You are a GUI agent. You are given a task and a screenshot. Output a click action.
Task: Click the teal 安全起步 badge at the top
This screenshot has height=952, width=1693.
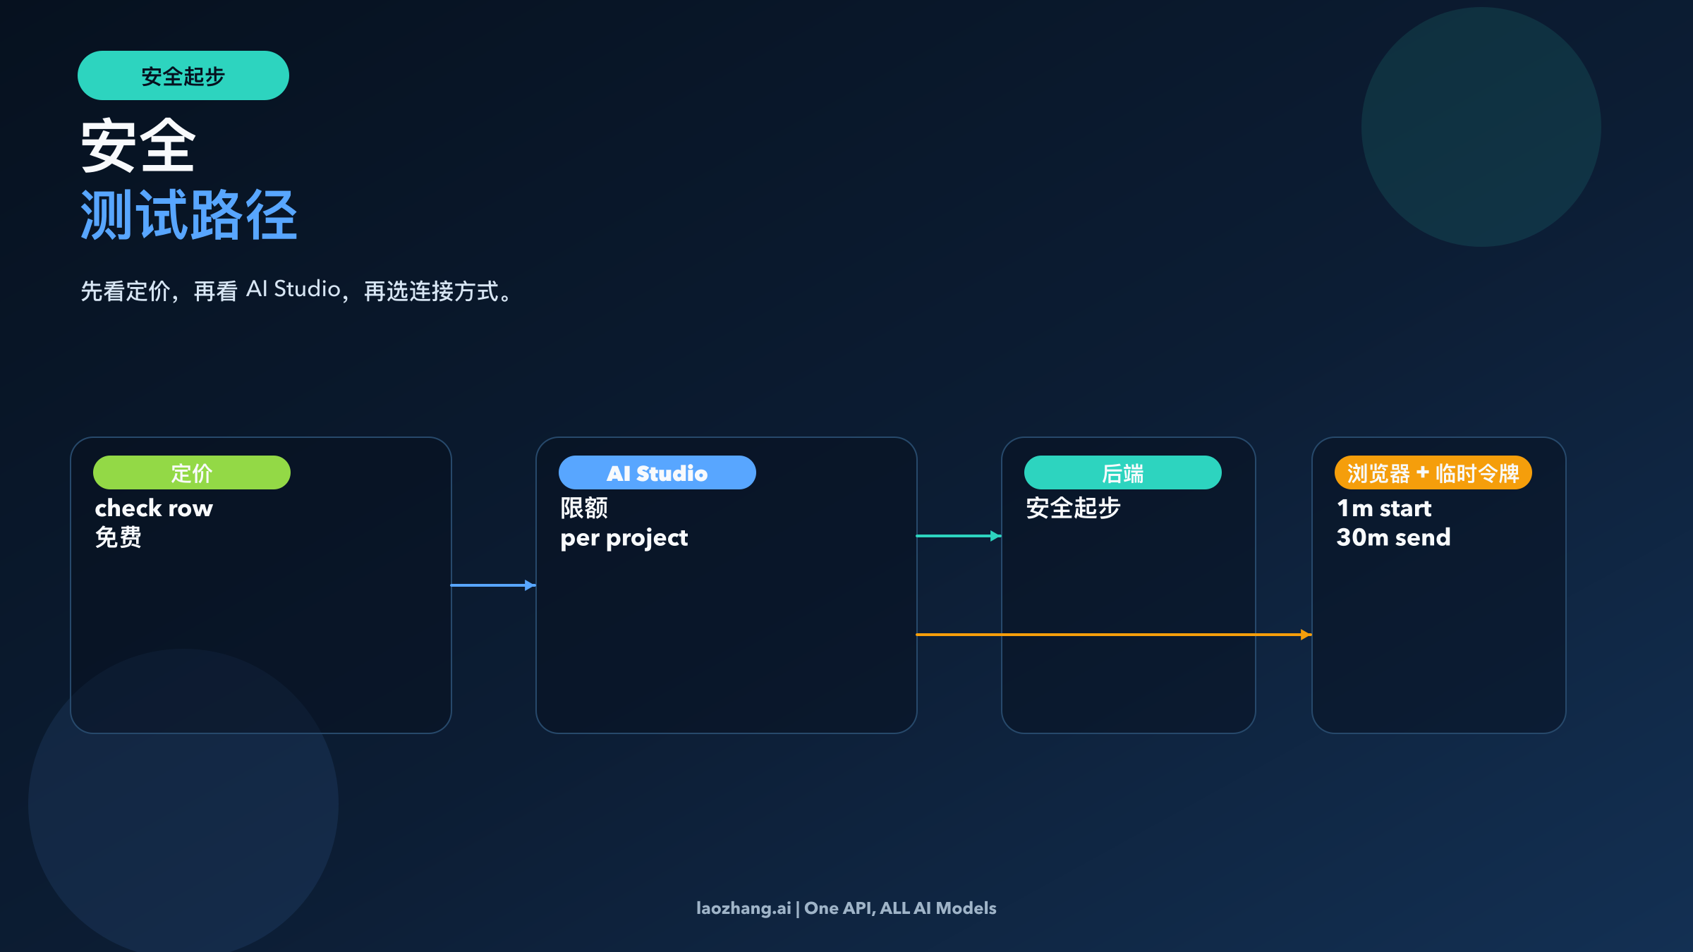coord(183,75)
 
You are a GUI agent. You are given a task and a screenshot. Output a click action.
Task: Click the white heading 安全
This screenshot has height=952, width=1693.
coord(138,146)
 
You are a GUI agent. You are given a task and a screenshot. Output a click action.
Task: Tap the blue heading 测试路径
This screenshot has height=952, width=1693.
coord(188,215)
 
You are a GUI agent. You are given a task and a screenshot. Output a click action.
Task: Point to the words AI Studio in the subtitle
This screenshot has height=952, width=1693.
coord(293,289)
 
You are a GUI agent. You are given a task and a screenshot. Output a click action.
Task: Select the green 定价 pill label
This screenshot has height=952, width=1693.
coord(191,472)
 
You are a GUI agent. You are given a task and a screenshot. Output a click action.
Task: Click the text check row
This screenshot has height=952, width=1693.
coord(154,508)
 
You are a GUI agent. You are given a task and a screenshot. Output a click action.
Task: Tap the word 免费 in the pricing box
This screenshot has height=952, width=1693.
coord(119,537)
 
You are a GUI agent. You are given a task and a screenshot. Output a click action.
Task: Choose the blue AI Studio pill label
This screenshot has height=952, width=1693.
coord(657,472)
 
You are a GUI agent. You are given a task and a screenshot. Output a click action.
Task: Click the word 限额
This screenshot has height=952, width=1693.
coord(584,508)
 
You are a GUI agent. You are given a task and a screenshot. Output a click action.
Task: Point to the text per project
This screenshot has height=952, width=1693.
coord(624,538)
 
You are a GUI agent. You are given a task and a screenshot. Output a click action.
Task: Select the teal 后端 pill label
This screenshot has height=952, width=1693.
coord(1122,472)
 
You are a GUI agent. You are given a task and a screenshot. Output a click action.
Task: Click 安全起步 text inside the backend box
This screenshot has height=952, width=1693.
coord(1073,508)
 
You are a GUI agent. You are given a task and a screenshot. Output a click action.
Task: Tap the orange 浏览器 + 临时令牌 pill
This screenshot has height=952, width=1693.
coord(1433,472)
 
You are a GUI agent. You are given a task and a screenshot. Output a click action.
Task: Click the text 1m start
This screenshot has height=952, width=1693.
coord(1384,508)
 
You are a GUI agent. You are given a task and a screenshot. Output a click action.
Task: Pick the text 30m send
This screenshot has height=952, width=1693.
coord(1393,537)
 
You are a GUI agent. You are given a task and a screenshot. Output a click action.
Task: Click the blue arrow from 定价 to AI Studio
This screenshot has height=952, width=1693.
coord(493,585)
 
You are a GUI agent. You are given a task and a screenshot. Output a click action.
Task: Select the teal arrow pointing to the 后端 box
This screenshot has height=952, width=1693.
coord(959,536)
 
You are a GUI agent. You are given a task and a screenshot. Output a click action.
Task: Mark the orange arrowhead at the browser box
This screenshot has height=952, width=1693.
coord(1306,635)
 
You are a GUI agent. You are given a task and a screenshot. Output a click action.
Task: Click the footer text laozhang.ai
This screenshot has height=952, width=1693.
coord(744,908)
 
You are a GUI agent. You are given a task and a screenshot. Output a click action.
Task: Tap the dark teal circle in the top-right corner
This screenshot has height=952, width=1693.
coord(1481,127)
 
